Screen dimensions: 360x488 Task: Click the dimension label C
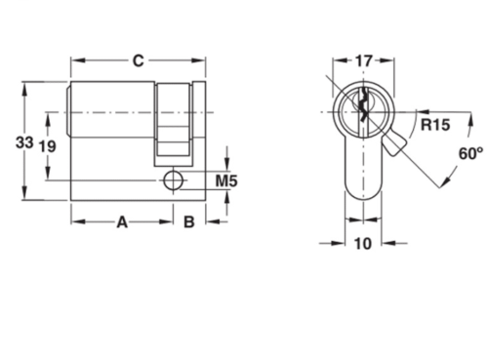tap(139, 60)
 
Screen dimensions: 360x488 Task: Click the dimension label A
tap(123, 221)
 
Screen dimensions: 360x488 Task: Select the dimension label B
tap(189, 221)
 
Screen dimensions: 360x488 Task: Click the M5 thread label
tap(226, 180)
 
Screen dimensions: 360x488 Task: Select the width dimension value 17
tap(362, 60)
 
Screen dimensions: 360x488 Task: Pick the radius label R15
tap(435, 124)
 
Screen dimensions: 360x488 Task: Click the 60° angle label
tap(470, 153)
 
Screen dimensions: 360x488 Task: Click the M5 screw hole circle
tap(173, 180)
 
